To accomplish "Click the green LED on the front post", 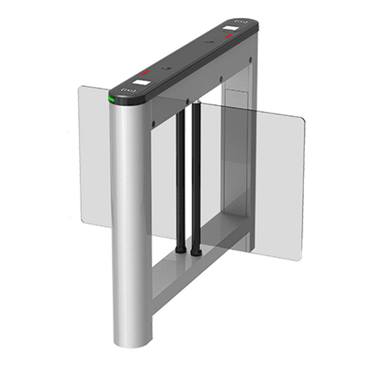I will (111, 99).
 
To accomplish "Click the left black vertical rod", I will (180, 174).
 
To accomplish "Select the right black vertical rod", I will (196, 174).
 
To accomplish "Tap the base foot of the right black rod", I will (196, 252).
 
